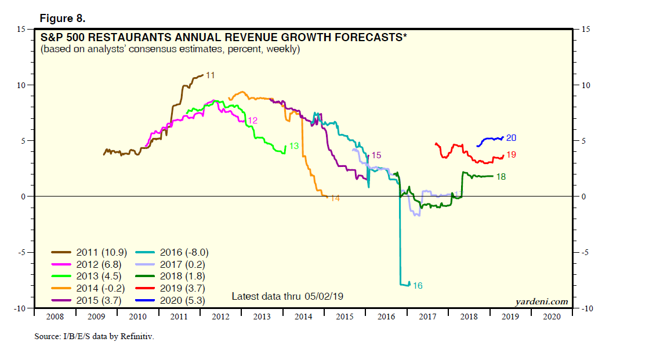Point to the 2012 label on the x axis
(x=220, y=317)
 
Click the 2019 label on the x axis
(x=510, y=317)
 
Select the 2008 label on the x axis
(x=55, y=317)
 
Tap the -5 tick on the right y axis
(x=580, y=253)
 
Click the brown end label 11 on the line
(x=211, y=75)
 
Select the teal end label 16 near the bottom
(x=418, y=286)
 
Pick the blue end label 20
(x=511, y=138)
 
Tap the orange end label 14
(x=335, y=198)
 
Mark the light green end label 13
(x=293, y=146)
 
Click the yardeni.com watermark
(x=541, y=301)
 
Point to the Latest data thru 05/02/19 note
(x=288, y=296)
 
